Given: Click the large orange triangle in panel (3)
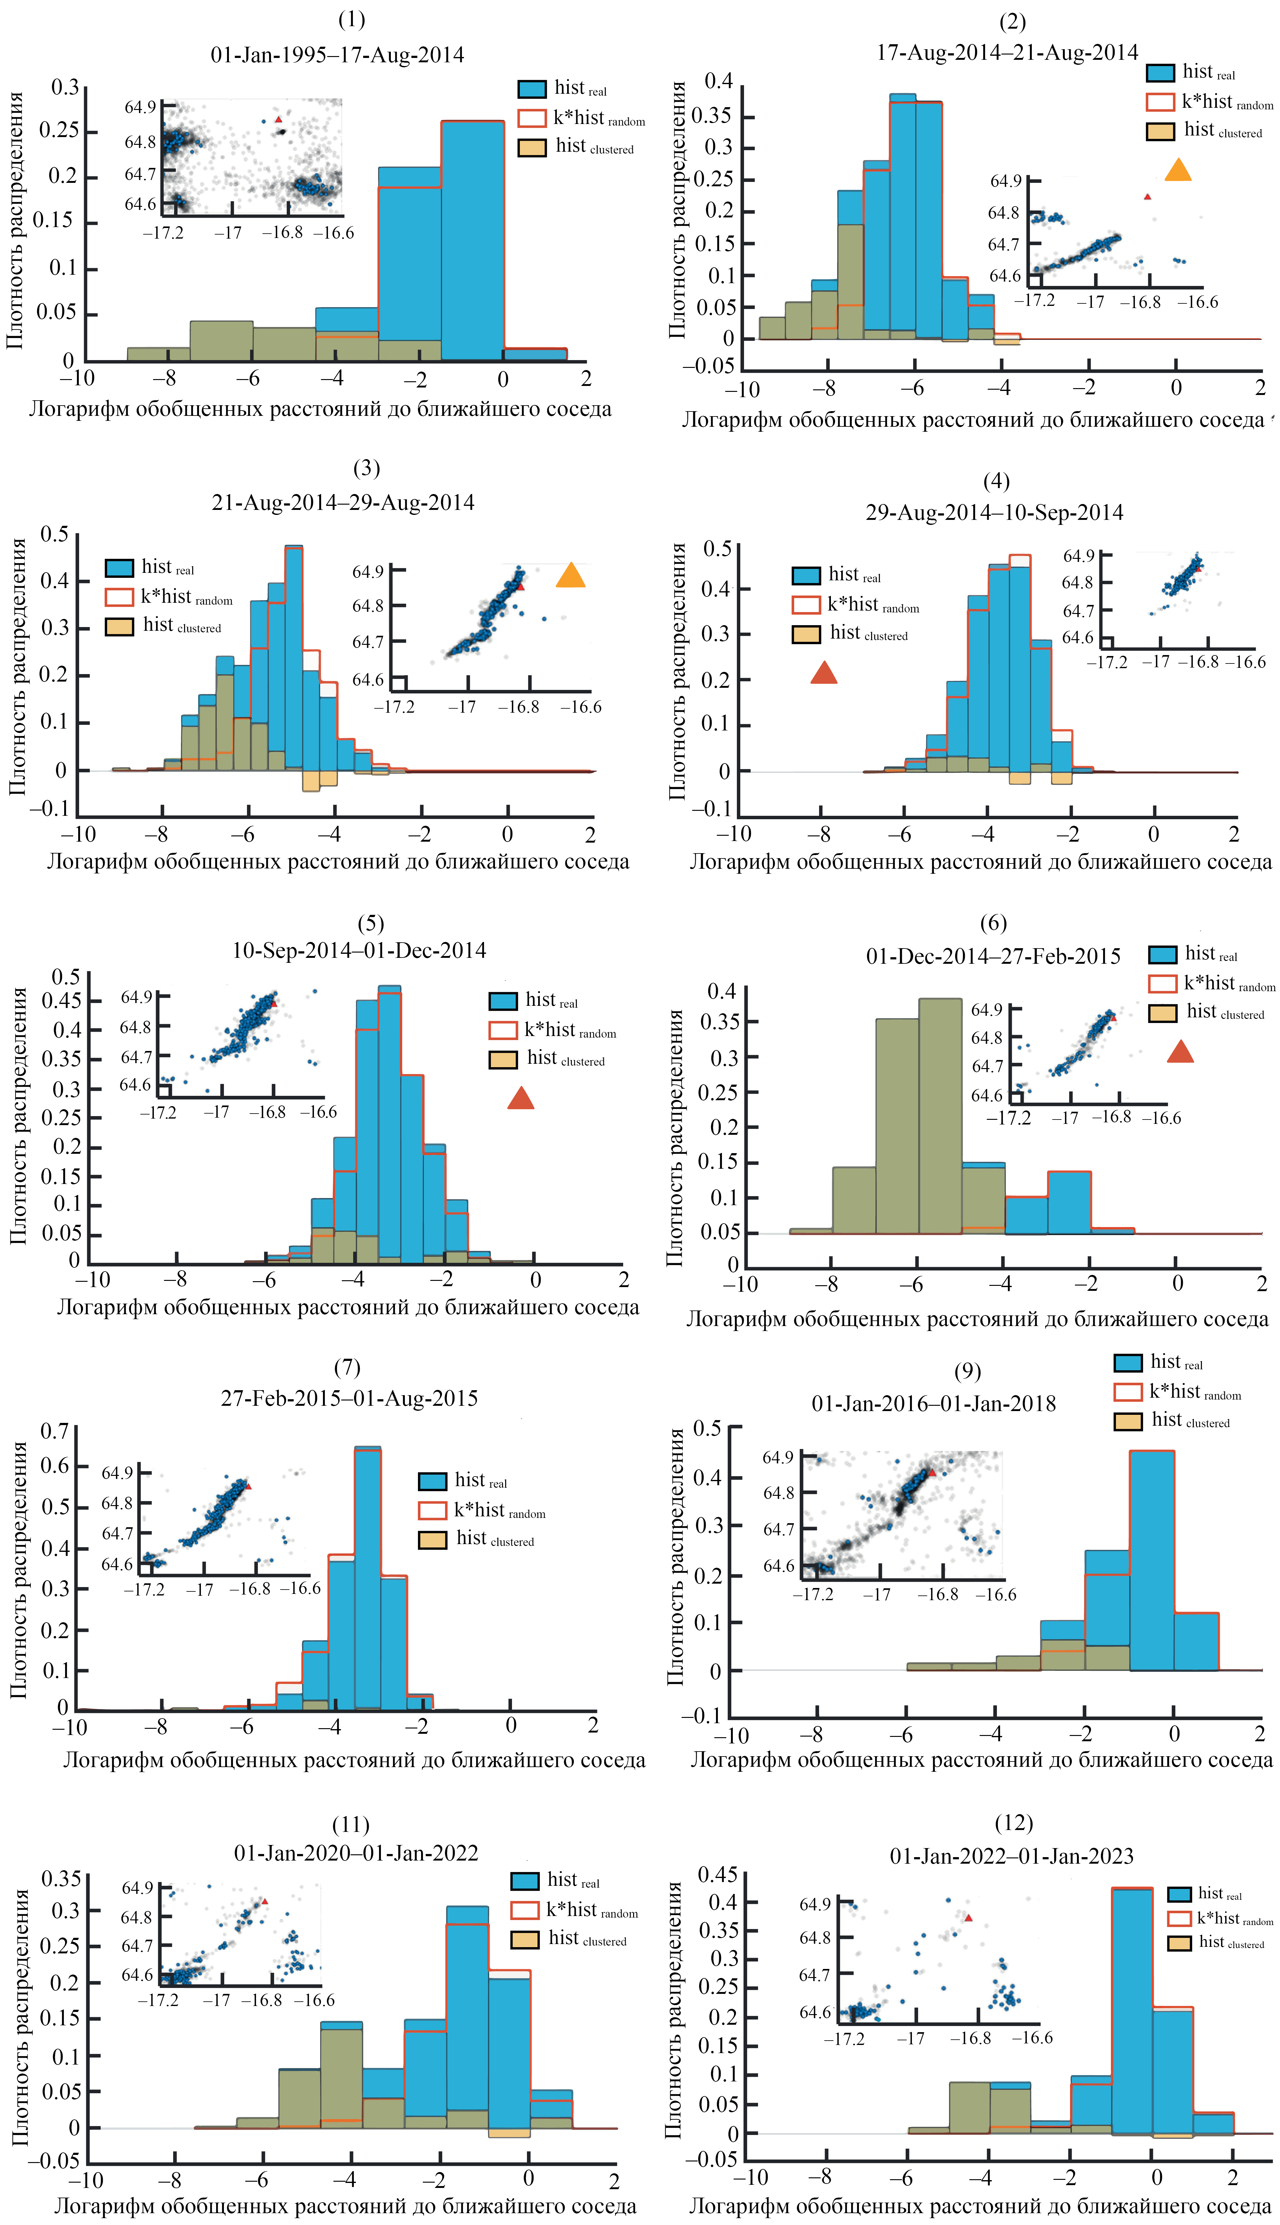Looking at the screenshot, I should click(x=571, y=576).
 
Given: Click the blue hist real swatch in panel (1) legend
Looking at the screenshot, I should click(x=532, y=89).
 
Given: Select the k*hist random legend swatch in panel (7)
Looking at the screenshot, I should click(x=433, y=1510).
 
